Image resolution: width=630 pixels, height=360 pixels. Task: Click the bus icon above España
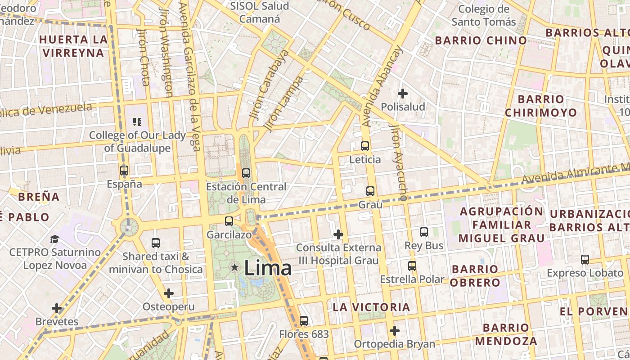pyautogui.click(x=124, y=171)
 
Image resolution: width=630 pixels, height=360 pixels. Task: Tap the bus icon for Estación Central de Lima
pyautogui.click(x=246, y=173)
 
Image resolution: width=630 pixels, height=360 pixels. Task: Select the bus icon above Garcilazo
pyautogui.click(x=229, y=221)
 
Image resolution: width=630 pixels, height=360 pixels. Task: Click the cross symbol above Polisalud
pyautogui.click(x=403, y=94)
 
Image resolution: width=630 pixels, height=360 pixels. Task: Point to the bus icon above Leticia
pyautogui.click(x=365, y=146)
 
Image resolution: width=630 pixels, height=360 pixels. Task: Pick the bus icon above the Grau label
pyautogui.click(x=370, y=191)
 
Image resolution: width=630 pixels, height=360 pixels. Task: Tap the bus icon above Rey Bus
pyautogui.click(x=424, y=232)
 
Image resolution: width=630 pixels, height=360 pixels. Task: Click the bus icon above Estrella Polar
pyautogui.click(x=412, y=266)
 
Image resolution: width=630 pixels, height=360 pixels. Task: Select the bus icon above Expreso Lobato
pyautogui.click(x=585, y=260)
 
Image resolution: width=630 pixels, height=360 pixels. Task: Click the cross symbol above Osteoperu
pyautogui.click(x=169, y=293)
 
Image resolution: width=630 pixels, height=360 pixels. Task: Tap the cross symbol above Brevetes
pyautogui.click(x=57, y=308)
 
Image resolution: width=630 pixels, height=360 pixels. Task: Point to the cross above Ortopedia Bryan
pyautogui.click(x=395, y=331)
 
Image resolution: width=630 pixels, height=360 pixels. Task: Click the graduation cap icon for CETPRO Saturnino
pyautogui.click(x=55, y=239)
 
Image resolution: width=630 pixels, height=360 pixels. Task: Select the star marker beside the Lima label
pyautogui.click(x=234, y=267)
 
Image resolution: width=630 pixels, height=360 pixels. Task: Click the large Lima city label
pyautogui.click(x=268, y=269)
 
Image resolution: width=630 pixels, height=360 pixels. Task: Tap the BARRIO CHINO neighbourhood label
pyautogui.click(x=481, y=40)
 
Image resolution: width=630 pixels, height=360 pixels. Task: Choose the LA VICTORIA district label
pyautogui.click(x=371, y=307)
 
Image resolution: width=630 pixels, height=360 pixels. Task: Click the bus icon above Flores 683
pyautogui.click(x=304, y=321)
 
